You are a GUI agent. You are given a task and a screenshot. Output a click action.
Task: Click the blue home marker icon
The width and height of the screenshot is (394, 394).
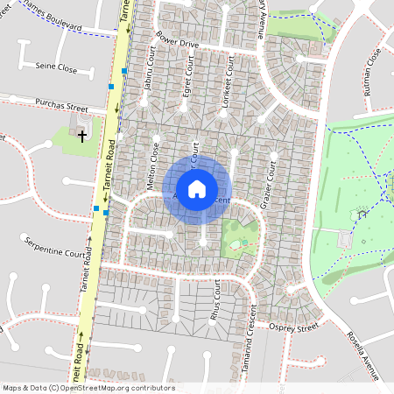tap(197, 188)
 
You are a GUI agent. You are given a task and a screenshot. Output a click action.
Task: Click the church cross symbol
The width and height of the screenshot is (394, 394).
tap(83, 137)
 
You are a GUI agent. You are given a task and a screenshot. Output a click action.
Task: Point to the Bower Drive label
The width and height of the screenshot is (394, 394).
tap(178, 42)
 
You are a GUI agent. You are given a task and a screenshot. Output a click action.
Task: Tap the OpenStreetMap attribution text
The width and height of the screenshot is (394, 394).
tap(88, 388)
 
